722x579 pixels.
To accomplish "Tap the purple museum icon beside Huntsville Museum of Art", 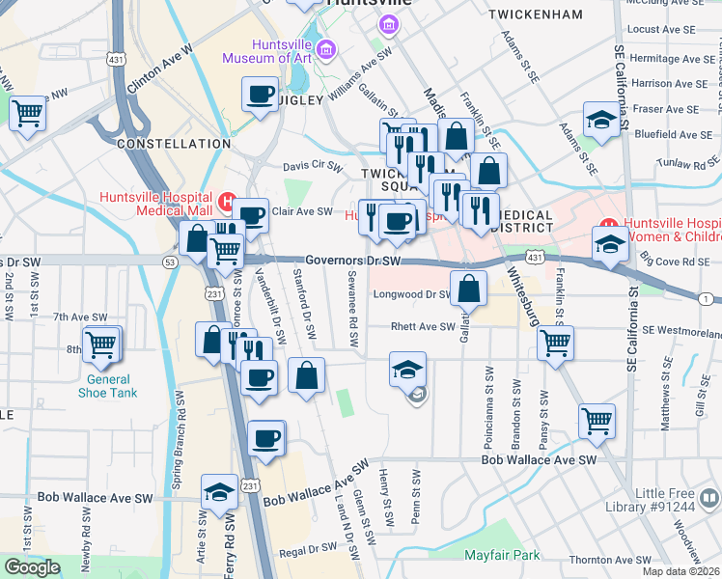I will (326, 48).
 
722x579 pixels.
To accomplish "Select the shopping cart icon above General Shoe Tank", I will (101, 343).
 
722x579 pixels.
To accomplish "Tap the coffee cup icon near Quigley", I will (259, 96).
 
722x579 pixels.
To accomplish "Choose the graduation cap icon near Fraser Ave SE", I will (600, 122).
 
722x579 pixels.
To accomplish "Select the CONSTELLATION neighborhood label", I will (174, 144).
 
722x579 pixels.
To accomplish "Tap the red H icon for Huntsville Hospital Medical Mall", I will (226, 203).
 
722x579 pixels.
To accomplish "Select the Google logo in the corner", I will (32, 567).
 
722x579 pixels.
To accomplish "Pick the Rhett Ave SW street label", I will (422, 327).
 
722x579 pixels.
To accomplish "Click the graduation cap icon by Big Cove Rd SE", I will (610, 244).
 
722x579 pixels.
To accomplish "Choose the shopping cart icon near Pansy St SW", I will (555, 343).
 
